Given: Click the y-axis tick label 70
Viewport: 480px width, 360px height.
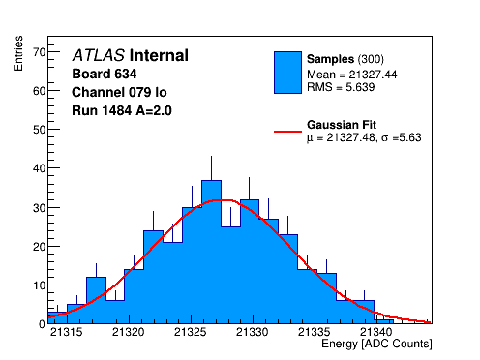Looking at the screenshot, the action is coord(40,52).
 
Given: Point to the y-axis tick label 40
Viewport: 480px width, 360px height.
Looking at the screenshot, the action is coord(40,168).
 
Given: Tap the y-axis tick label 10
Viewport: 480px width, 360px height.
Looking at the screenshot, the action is coord(40,285).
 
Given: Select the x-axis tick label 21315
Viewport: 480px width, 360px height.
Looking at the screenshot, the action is coord(67,332).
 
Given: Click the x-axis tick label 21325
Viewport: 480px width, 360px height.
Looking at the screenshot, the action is coord(191,332).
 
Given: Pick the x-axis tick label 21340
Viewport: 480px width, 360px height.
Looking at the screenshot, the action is coord(376,332).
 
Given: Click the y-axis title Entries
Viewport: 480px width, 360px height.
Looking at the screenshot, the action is coord(18,53).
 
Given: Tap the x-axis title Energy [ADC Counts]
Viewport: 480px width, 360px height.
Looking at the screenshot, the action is coord(376,344).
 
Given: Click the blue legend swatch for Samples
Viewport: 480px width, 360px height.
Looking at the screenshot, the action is coord(287,73).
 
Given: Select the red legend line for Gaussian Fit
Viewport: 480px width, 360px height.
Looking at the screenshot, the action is coord(287,132).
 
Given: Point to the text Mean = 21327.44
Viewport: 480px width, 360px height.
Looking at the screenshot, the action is coord(352,75).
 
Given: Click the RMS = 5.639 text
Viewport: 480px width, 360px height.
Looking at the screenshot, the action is coord(341,87).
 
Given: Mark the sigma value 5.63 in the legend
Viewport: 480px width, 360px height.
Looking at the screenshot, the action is coord(410,137).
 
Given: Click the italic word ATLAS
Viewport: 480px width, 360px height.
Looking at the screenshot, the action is coord(99,55).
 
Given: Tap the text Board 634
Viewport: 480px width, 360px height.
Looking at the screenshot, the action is coord(105,74).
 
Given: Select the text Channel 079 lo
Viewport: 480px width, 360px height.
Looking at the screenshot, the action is coord(119,92).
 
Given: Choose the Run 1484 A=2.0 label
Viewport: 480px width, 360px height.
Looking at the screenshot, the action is coord(122,110).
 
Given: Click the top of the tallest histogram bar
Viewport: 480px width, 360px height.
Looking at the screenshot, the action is coord(211,181).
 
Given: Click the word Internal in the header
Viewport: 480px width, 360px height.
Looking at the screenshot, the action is coord(159,55).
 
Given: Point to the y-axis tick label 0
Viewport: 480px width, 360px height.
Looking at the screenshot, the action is coord(43,324).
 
